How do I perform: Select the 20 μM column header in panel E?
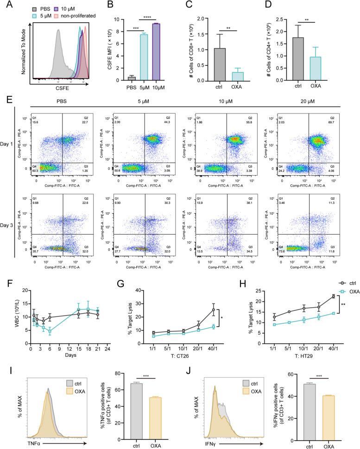click(300, 98)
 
